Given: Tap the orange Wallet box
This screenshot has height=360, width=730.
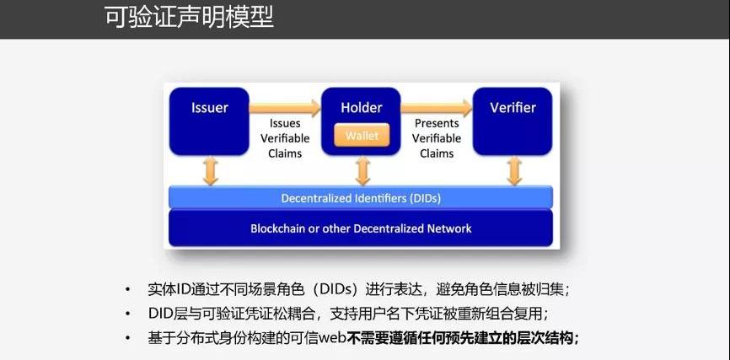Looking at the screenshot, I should click(361, 135).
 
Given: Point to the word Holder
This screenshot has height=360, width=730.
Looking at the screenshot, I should click(361, 108).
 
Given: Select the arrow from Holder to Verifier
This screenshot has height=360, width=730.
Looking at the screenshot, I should click(436, 107).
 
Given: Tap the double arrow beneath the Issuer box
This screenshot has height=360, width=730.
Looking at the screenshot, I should click(210, 171).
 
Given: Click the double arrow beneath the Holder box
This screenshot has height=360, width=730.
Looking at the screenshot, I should click(362, 171).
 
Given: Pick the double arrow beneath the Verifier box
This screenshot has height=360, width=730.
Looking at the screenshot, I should click(513, 171).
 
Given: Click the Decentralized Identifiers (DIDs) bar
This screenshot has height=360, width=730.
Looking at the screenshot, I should click(361, 198).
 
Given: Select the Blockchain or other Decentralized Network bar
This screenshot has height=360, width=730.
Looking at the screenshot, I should click(361, 228).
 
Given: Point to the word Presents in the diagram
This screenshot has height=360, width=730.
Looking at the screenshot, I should click(437, 123).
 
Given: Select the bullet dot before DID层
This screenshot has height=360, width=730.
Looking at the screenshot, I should click(127, 314).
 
